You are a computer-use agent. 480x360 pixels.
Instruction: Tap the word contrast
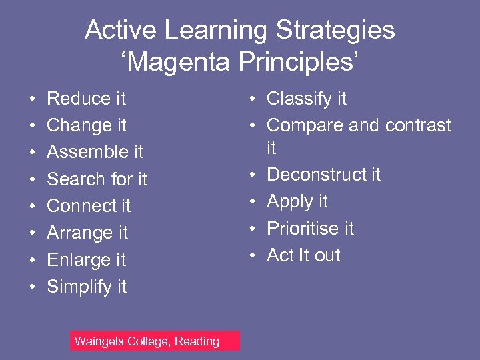click(x=419, y=125)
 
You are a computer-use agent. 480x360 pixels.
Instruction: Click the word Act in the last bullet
click(x=279, y=255)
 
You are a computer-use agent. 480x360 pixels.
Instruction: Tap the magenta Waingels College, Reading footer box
click(x=155, y=341)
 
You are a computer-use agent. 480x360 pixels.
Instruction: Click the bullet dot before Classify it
click(x=253, y=99)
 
